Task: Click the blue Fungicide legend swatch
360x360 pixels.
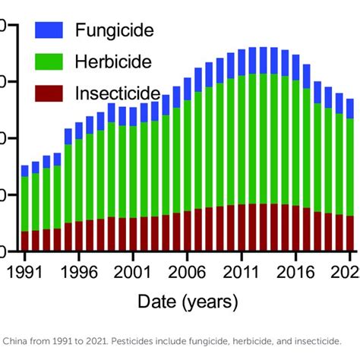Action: [x=49, y=30]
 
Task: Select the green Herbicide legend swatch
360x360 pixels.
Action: [x=49, y=61]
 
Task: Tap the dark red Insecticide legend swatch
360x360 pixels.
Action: [x=49, y=93]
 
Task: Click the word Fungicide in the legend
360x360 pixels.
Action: [x=115, y=31]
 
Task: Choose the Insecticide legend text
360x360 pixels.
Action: [x=118, y=93]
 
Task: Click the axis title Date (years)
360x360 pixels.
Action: [x=188, y=302]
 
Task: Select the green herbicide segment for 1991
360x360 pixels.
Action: [x=25, y=204]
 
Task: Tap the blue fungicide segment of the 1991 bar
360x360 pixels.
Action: [x=25, y=171]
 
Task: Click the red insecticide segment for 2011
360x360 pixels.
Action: [x=242, y=227]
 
